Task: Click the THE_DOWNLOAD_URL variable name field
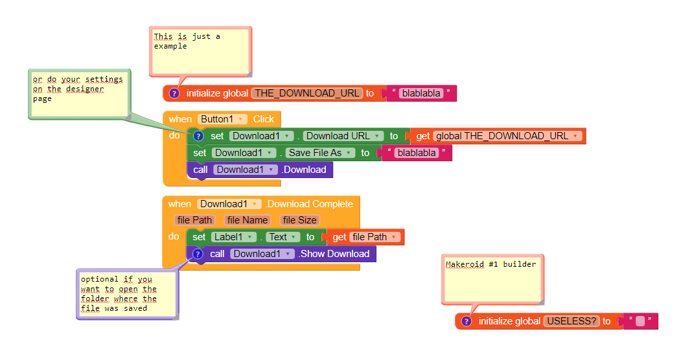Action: point(307,93)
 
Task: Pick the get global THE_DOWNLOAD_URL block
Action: point(499,136)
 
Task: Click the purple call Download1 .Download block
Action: point(260,170)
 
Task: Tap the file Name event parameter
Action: point(247,220)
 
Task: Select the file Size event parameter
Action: point(299,220)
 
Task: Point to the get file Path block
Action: point(366,237)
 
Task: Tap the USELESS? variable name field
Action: point(571,321)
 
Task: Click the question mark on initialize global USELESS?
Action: point(466,321)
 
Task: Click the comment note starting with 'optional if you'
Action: point(126,294)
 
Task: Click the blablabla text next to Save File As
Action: point(417,153)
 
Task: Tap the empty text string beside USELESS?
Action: point(640,321)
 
